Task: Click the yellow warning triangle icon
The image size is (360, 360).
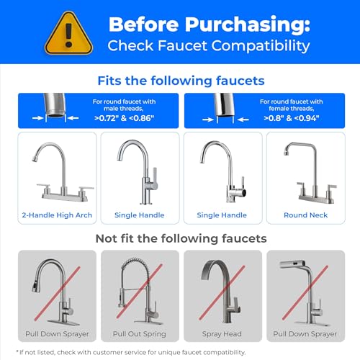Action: tap(68, 34)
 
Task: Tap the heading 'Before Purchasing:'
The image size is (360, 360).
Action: tap(210, 24)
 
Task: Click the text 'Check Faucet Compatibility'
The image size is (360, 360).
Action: tap(209, 45)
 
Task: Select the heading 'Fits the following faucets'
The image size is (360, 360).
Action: tap(181, 81)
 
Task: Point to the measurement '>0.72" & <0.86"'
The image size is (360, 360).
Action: tap(124, 118)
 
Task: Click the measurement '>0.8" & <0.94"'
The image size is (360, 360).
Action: tap(292, 118)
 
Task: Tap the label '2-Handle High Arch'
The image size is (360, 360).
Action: tap(57, 215)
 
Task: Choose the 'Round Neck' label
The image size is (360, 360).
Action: tap(305, 215)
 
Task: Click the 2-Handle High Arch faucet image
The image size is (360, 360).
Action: tap(63, 171)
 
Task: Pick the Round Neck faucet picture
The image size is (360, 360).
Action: tap(310, 173)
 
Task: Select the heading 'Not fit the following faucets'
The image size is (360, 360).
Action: tap(181, 238)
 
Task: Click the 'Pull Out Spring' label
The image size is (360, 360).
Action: tap(140, 334)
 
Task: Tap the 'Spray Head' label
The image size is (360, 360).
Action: tap(222, 334)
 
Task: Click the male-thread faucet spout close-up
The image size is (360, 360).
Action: tap(55, 105)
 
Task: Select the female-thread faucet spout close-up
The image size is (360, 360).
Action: tap(225, 105)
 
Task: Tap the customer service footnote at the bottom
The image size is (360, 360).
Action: tap(131, 352)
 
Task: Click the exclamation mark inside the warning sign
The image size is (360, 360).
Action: tap(68, 35)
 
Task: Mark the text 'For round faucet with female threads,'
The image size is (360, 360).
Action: tap(292, 105)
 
